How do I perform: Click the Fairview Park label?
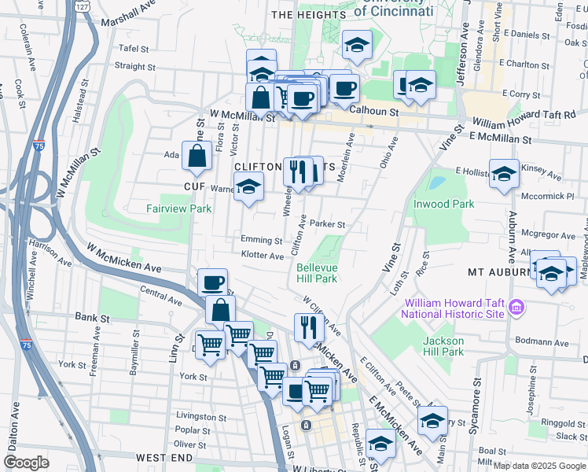(x=178, y=209)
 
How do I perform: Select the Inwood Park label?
(x=443, y=204)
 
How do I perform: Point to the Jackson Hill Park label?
(x=443, y=346)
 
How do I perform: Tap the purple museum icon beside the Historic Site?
(x=516, y=305)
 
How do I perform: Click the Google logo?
(x=27, y=463)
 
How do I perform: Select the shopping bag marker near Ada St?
(x=196, y=157)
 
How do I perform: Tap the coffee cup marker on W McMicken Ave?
(x=212, y=282)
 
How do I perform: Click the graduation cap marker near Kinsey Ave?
(x=503, y=175)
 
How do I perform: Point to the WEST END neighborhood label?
(x=164, y=457)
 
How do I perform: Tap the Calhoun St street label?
(x=375, y=112)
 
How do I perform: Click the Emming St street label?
(x=262, y=240)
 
